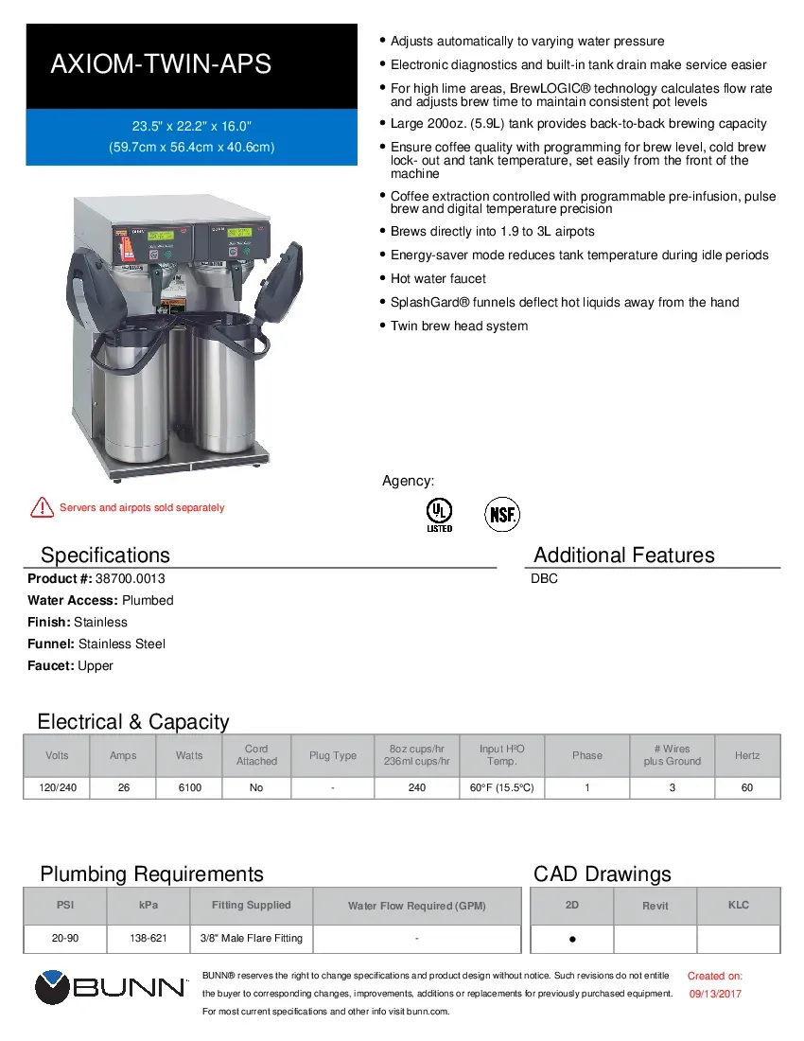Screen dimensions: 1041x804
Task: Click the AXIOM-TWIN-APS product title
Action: (161, 64)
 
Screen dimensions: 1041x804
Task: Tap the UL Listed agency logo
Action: (439, 514)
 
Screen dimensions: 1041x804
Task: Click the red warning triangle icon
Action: (42, 507)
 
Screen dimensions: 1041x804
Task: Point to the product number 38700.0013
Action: (123, 578)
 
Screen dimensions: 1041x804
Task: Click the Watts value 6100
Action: (189, 787)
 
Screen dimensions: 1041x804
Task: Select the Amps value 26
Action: (123, 787)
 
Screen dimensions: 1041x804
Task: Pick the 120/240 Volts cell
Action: (57, 787)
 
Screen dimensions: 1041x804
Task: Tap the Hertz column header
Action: (746, 755)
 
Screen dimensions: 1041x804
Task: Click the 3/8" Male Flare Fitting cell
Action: (251, 938)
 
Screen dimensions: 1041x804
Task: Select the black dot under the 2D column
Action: (572, 941)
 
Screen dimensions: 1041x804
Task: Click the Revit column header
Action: (655, 906)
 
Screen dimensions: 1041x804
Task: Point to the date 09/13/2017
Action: (714, 994)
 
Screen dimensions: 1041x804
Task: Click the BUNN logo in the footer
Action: (111, 988)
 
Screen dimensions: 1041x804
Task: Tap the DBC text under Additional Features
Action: (545, 578)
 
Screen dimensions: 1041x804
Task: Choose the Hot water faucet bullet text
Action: (438, 278)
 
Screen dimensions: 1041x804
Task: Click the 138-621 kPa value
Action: (149, 938)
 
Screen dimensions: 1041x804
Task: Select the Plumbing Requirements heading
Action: (151, 873)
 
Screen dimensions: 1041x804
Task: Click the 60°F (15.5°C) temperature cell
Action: (501, 787)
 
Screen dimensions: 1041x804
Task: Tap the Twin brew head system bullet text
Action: (459, 326)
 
